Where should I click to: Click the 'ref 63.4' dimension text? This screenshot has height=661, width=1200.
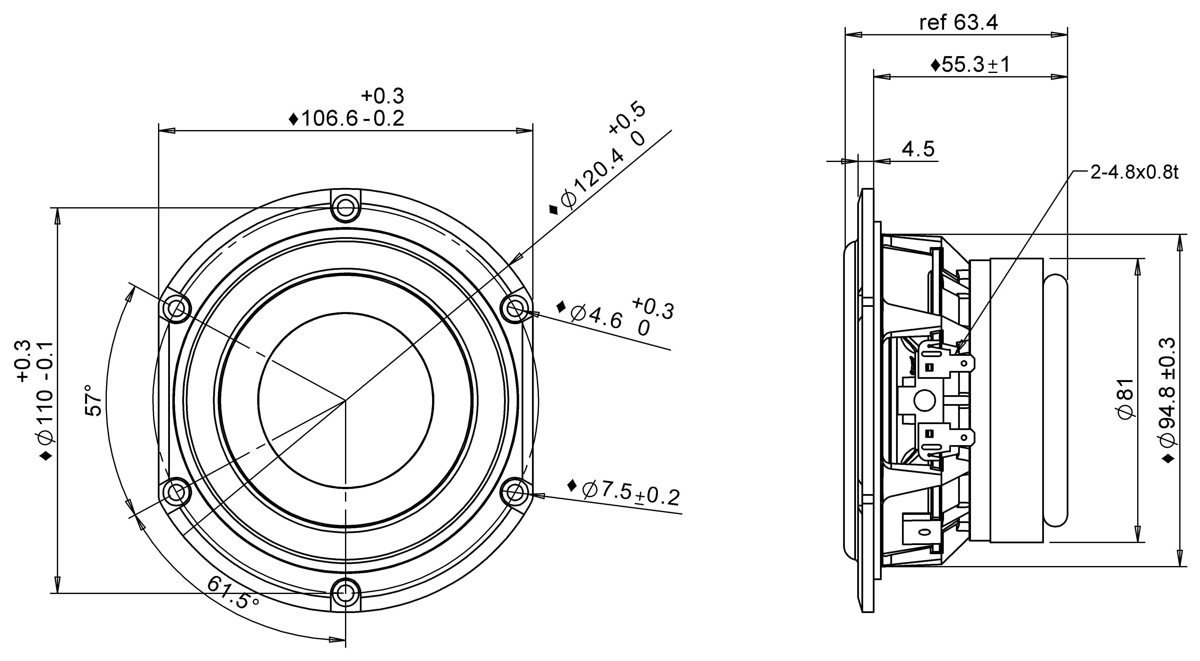[x=958, y=22]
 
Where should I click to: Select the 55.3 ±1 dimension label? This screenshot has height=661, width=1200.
[x=970, y=65]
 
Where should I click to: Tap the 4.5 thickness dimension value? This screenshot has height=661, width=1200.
[x=918, y=149]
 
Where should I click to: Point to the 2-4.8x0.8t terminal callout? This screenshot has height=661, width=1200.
[x=1134, y=172]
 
